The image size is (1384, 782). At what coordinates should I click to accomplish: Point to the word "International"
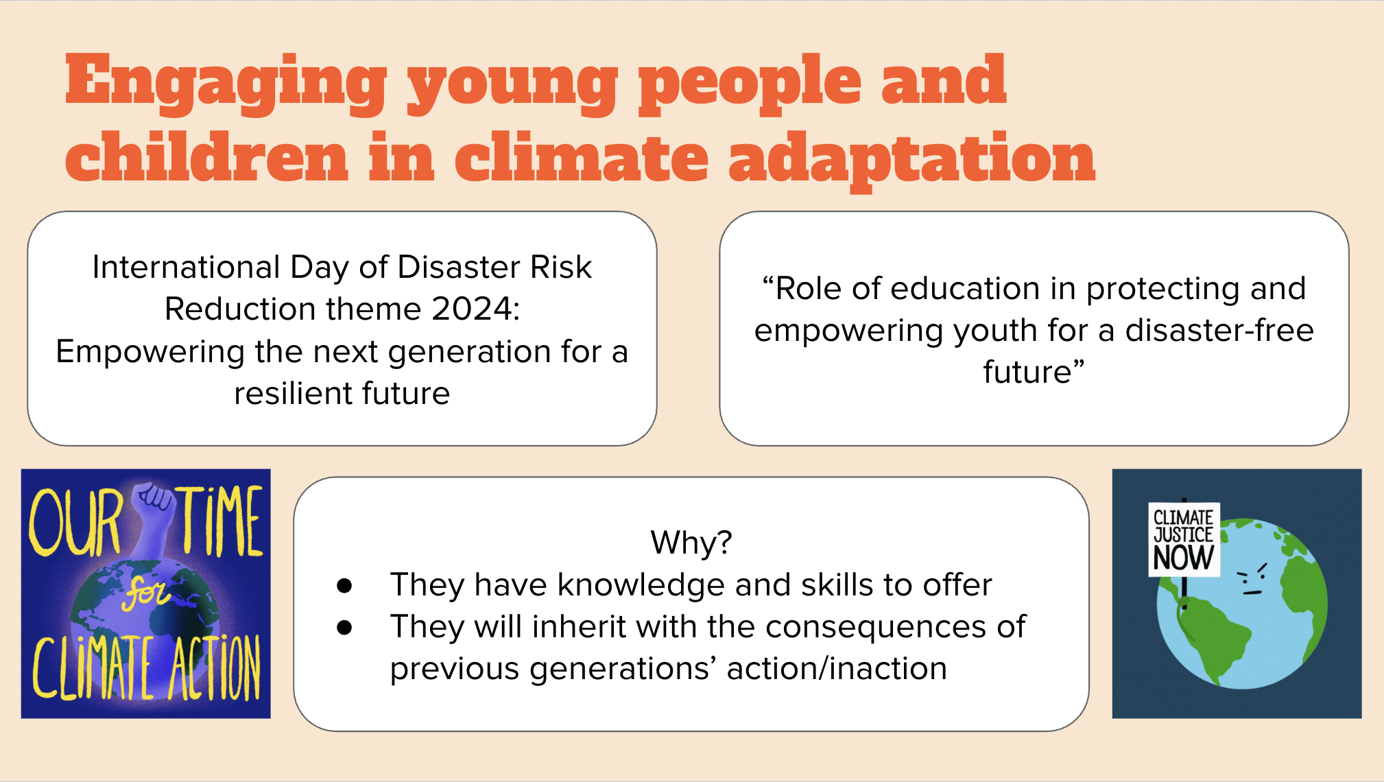187,267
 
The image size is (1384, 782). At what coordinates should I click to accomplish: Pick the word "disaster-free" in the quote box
1219,330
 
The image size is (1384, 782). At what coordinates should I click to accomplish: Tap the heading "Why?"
691,543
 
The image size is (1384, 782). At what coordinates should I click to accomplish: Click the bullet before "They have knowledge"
344,585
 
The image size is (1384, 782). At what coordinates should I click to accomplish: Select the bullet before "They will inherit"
344,627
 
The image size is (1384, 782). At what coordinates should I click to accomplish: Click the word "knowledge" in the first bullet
641,585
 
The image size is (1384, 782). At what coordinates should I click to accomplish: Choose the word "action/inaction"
837,669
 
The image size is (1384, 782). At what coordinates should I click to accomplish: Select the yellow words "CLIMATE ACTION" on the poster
147,667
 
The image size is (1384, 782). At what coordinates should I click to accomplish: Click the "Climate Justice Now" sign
1184,539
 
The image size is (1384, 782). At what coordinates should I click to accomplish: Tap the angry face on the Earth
1252,579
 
